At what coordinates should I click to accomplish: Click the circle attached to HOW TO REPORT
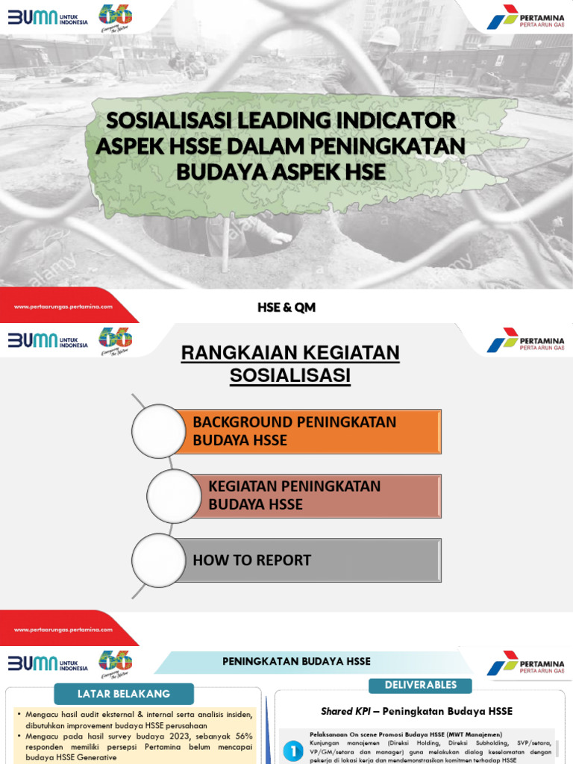coord(159,560)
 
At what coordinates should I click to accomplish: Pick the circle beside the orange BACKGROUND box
coord(159,431)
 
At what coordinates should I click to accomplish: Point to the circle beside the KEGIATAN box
coord(174,495)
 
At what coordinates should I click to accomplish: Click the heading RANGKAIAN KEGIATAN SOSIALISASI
coord(290,364)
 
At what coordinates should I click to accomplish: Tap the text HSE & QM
coord(286,307)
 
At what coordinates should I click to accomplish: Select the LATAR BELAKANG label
coord(124,694)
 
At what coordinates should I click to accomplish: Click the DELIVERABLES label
coord(421,685)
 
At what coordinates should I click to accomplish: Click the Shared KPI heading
coord(416,711)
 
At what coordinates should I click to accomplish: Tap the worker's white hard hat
coord(385,37)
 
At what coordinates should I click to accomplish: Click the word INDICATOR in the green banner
coord(393,121)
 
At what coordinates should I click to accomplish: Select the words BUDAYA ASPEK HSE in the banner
coord(281,172)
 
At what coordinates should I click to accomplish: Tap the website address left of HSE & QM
coord(63,307)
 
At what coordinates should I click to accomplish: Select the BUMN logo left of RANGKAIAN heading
coord(48,340)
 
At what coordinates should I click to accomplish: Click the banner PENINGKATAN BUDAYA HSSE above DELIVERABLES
coord(296,662)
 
